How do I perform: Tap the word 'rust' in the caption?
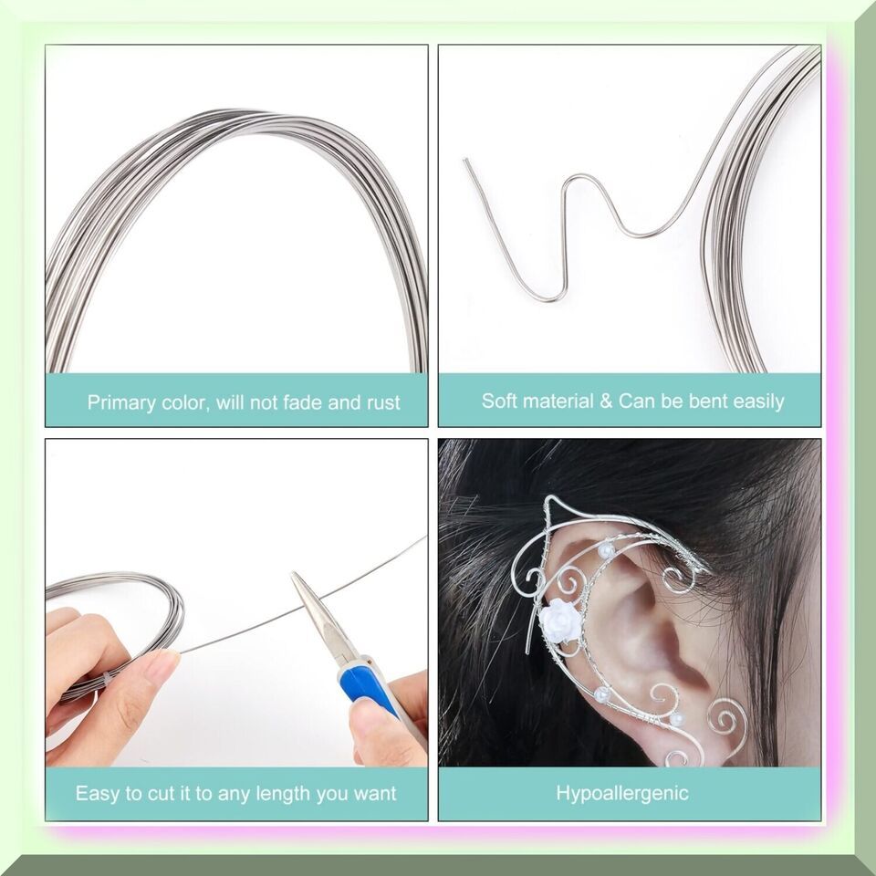tap(383, 402)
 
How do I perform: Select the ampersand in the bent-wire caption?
tap(606, 401)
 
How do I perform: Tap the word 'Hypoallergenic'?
tap(621, 793)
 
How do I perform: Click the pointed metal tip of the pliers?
tap(293, 574)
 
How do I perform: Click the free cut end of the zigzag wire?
tap(464, 160)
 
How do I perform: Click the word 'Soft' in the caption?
tap(498, 401)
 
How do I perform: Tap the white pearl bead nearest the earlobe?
tap(677, 720)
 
